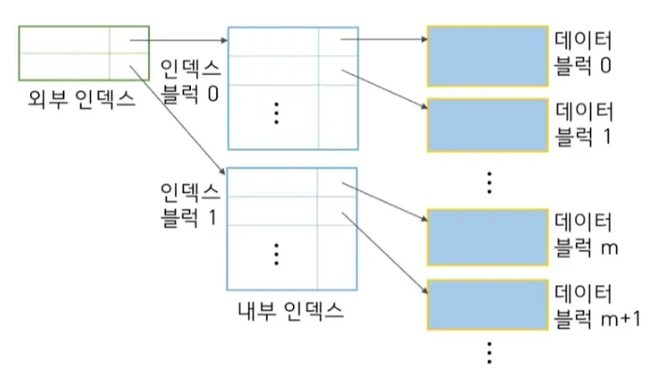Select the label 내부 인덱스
coord(291,309)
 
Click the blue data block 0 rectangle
coord(487,56)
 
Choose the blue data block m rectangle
coord(487,237)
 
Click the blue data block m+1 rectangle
coord(487,304)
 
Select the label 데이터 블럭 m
coord(586,236)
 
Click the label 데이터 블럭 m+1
coord(597,304)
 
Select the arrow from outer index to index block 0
coord(178,40)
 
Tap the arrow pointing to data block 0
coord(384,39)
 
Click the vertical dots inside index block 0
coord(276,112)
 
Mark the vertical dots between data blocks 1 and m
coord(489,181)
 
